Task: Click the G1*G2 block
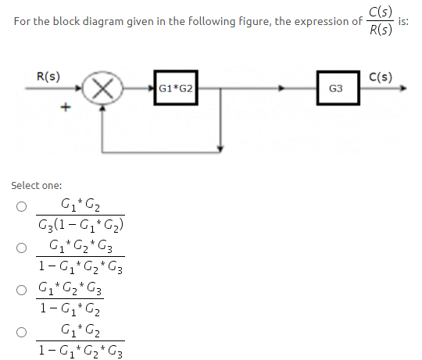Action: pos(176,88)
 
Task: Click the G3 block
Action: pos(338,88)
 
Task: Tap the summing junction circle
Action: pos(102,88)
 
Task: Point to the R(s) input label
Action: pos(48,77)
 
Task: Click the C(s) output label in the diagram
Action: pos(381,77)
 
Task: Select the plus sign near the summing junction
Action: pos(66,107)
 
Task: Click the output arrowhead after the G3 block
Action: pos(403,88)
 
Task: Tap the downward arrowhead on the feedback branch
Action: pos(220,148)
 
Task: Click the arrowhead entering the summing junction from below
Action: pos(102,108)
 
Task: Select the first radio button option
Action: pos(22,206)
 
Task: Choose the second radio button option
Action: pos(22,248)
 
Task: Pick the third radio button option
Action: pos(22,290)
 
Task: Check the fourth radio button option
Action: pos(22,332)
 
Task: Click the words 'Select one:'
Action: pos(37,186)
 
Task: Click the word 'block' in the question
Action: pos(66,21)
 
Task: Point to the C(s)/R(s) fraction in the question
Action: pos(381,21)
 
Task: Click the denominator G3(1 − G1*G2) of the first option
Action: pos(80,225)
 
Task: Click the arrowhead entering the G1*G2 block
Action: pos(152,88)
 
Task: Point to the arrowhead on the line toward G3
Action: pos(281,88)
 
